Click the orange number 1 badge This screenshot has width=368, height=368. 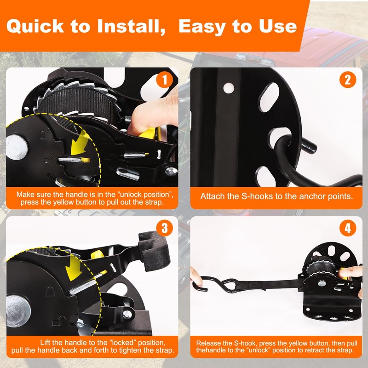point(165,80)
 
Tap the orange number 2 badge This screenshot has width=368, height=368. point(348,80)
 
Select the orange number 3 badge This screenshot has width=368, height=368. point(165,228)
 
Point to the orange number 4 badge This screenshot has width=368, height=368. point(348,228)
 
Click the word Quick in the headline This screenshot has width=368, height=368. point(35,26)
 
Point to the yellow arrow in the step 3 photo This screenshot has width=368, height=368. point(74,268)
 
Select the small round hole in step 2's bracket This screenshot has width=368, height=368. point(229,88)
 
